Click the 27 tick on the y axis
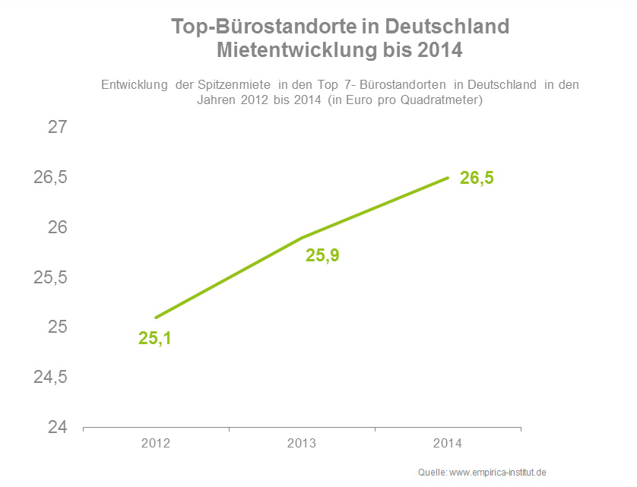coord(58,128)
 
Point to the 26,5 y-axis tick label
coord(51,178)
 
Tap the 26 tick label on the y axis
coord(58,228)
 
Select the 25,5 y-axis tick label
coord(51,277)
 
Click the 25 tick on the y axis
coord(58,327)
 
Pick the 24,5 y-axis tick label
coord(51,378)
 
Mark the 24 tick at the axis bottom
coord(58,428)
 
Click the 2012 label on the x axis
coord(156,444)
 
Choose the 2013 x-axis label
coord(302,444)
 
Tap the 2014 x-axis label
coord(448,444)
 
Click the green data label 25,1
coord(155,339)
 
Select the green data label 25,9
coord(322,255)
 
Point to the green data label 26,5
coord(477,179)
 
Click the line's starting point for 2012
coord(156,318)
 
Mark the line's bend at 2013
coord(302,238)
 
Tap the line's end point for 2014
coord(448,178)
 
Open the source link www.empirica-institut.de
coord(498,473)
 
